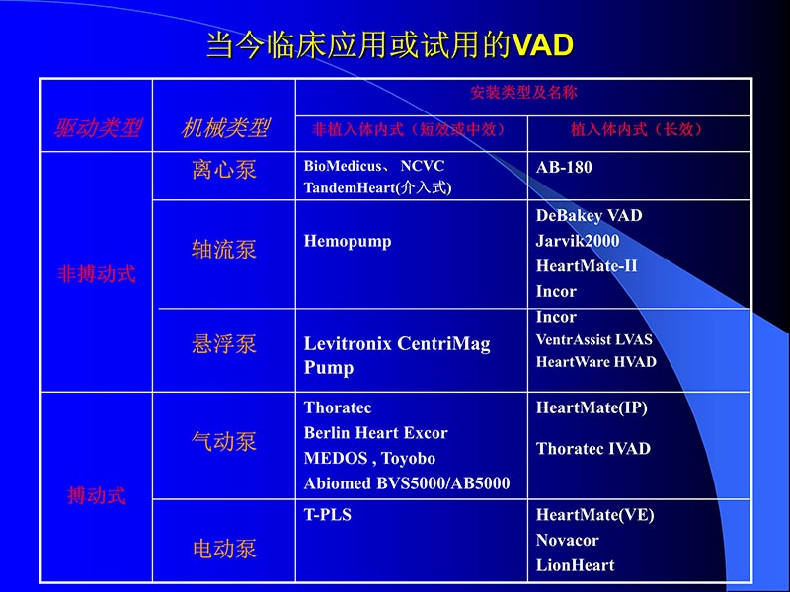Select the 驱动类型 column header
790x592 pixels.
coord(97,128)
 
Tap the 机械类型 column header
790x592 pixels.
coord(225,128)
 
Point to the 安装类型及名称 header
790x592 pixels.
coord(523,93)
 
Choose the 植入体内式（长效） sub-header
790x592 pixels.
coord(637,129)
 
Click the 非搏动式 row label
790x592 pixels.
coord(97,274)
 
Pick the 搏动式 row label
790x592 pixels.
coord(97,495)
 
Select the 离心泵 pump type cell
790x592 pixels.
coord(224,169)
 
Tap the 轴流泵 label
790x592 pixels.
coord(224,250)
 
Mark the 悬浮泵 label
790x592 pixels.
coord(224,343)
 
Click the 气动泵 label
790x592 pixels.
coord(224,441)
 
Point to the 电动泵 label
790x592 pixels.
coord(224,549)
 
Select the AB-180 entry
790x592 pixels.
coord(564,167)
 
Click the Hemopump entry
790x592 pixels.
coord(348,241)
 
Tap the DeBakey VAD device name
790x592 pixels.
coord(589,215)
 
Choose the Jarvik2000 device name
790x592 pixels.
coord(578,241)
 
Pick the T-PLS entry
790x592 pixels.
coord(328,514)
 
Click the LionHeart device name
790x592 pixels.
coord(575,565)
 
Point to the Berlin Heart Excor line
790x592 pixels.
coord(375,433)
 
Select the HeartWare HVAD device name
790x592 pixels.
coord(595,362)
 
